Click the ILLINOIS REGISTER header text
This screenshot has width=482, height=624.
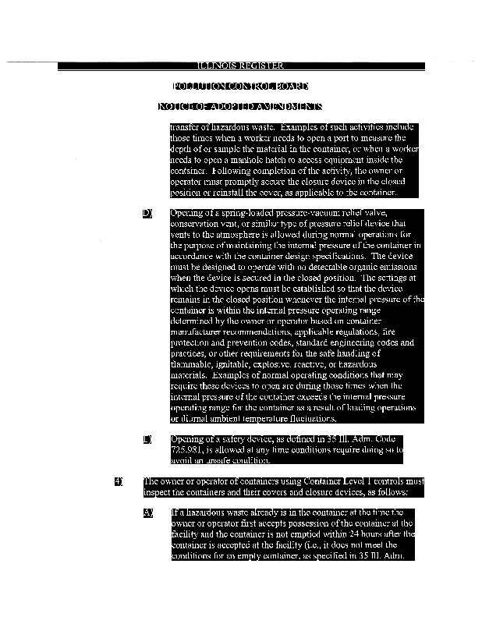tap(240, 66)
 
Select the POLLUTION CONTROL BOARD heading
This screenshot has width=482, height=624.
tap(240, 86)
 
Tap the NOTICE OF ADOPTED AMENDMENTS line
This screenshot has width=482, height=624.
tap(240, 106)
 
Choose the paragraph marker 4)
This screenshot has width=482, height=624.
tap(119, 481)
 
